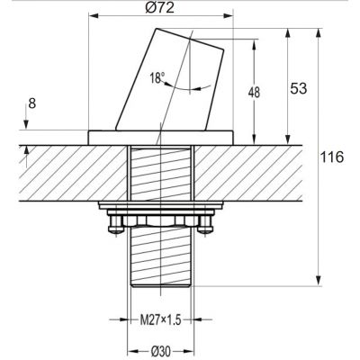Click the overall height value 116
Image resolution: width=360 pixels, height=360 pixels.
tap(332, 157)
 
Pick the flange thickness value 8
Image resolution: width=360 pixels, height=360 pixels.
tap(32, 103)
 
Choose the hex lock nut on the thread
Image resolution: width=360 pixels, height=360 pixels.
tap(161, 220)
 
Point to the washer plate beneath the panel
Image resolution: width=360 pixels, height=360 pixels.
tap(161, 208)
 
